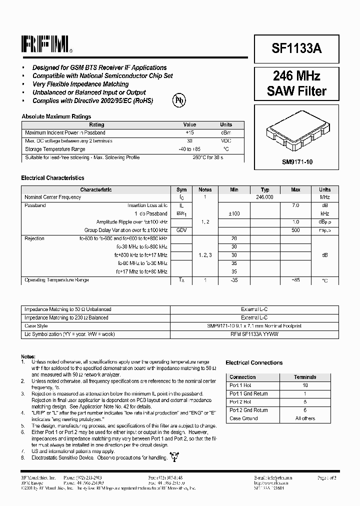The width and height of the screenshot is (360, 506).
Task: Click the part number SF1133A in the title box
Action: [296, 48]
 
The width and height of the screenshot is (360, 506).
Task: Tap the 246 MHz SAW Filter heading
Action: [296, 83]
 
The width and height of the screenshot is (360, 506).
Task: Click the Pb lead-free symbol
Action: [178, 99]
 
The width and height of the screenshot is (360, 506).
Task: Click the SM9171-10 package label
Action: [296, 162]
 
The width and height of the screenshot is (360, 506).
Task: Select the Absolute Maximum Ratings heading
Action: [56, 116]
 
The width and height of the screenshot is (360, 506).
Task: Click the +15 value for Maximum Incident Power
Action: [189, 133]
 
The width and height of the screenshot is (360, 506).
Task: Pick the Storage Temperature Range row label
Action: [55, 149]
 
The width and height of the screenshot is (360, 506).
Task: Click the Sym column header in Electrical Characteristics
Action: [181, 189]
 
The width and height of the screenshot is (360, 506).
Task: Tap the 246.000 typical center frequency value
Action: [265, 197]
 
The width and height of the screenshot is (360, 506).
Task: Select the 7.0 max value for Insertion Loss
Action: [295, 205]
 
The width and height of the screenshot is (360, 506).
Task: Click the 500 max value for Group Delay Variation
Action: [295, 230]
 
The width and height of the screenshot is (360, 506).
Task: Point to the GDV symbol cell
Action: [181, 230]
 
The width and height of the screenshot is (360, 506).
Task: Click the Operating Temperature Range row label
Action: [56, 280]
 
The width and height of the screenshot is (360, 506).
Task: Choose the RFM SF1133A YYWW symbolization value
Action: [254, 333]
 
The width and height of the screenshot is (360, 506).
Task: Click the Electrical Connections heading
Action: [254, 362]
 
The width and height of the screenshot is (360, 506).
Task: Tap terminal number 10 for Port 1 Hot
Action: [305, 385]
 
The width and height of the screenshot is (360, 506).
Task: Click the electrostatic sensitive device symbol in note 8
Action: [174, 455]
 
